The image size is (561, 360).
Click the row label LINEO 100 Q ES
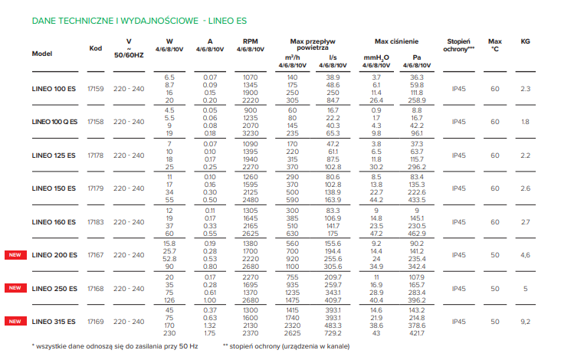54,122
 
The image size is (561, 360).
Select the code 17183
96,222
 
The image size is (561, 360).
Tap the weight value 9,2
525,322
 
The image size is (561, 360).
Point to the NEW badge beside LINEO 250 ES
13,289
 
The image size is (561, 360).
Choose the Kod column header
96,47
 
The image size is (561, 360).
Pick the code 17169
96,322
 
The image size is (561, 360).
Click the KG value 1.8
525,122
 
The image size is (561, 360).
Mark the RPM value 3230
250,133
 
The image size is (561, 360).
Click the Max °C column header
496,45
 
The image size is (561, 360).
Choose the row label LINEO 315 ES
54,322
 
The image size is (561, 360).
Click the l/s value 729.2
333,334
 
